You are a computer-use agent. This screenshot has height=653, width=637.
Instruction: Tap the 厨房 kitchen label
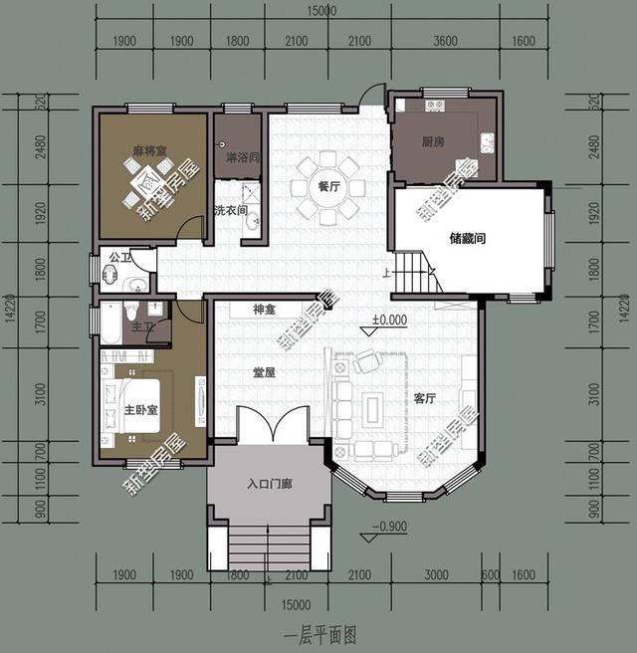(432, 142)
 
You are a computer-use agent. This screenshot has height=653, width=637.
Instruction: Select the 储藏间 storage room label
(467, 239)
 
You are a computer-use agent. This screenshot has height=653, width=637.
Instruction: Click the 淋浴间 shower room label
(243, 157)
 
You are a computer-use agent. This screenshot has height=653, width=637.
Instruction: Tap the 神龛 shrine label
(264, 311)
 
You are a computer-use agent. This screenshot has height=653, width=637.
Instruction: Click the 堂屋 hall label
(264, 372)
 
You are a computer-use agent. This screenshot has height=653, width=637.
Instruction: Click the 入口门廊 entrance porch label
(269, 485)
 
